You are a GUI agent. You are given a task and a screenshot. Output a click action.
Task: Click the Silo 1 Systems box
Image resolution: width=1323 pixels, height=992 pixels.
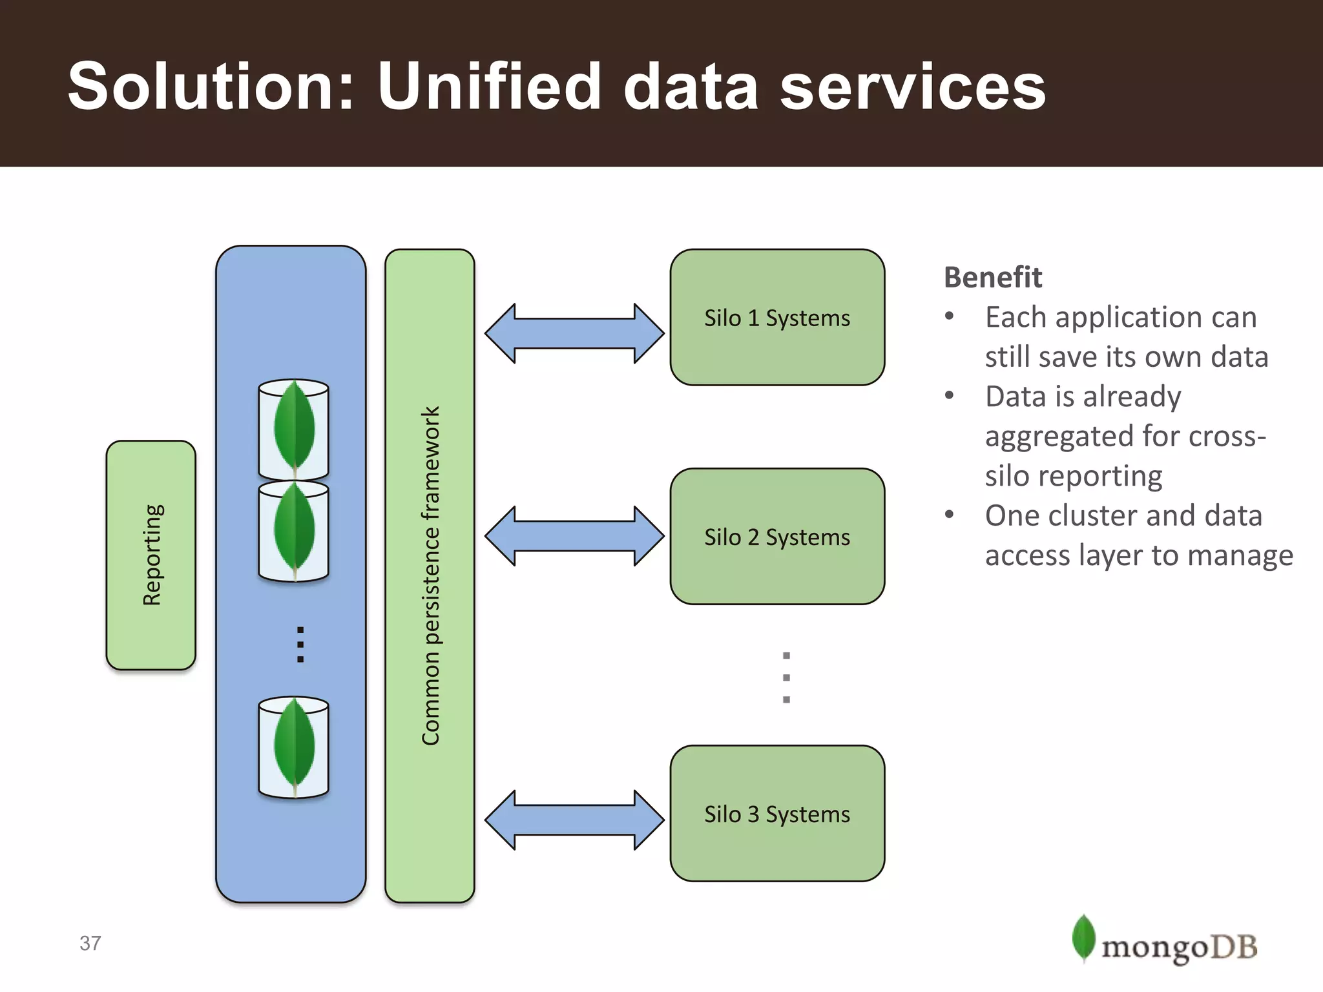(777, 317)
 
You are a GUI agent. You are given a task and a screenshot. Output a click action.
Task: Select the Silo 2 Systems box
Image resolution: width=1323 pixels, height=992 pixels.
(777, 536)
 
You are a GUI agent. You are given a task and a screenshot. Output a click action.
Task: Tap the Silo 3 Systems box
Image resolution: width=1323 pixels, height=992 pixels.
(777, 813)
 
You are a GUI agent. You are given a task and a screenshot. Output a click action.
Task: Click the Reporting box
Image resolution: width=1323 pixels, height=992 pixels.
(151, 555)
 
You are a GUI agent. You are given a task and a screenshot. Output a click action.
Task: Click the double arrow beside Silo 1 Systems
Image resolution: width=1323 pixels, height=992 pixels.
(574, 333)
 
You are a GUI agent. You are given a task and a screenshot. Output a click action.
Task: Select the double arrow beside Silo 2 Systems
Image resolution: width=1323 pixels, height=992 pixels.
(574, 536)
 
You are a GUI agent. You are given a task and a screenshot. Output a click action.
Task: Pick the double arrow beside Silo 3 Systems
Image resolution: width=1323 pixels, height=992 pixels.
(574, 820)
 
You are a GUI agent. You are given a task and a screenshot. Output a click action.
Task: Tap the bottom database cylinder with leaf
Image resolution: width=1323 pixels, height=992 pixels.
(294, 747)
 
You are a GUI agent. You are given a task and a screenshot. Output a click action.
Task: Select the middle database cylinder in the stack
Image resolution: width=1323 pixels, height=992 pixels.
(294, 531)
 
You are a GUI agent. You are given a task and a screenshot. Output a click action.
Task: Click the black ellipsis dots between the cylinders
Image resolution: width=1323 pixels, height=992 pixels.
(300, 644)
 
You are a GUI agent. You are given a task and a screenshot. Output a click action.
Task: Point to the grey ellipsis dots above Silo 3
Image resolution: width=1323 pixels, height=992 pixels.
(786, 677)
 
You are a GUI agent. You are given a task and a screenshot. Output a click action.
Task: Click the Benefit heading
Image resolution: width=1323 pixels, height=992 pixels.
(992, 277)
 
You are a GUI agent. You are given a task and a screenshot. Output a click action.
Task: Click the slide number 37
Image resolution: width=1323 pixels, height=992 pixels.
(90, 943)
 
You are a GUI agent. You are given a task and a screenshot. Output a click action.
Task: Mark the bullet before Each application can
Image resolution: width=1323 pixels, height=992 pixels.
(949, 316)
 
